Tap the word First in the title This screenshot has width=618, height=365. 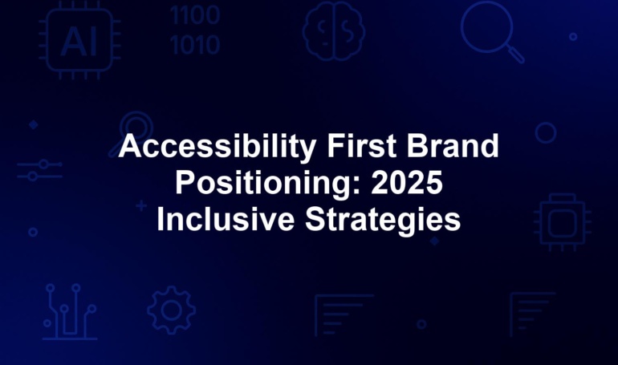point(362,146)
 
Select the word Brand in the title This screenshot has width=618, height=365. point(453,146)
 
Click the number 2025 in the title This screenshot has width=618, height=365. point(407,183)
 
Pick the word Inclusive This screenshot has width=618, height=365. point(226,219)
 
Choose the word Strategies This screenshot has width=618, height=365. point(383,220)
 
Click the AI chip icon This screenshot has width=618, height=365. point(79,41)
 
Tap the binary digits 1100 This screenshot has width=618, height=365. point(195,15)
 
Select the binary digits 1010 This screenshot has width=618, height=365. point(195,44)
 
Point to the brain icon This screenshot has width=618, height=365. point(333,30)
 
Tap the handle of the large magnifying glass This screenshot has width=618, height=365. point(515,54)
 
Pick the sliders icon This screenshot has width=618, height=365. point(40,170)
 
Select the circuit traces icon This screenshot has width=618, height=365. point(70,312)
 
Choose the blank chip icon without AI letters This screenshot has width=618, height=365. point(563,222)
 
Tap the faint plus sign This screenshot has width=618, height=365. point(141,205)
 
